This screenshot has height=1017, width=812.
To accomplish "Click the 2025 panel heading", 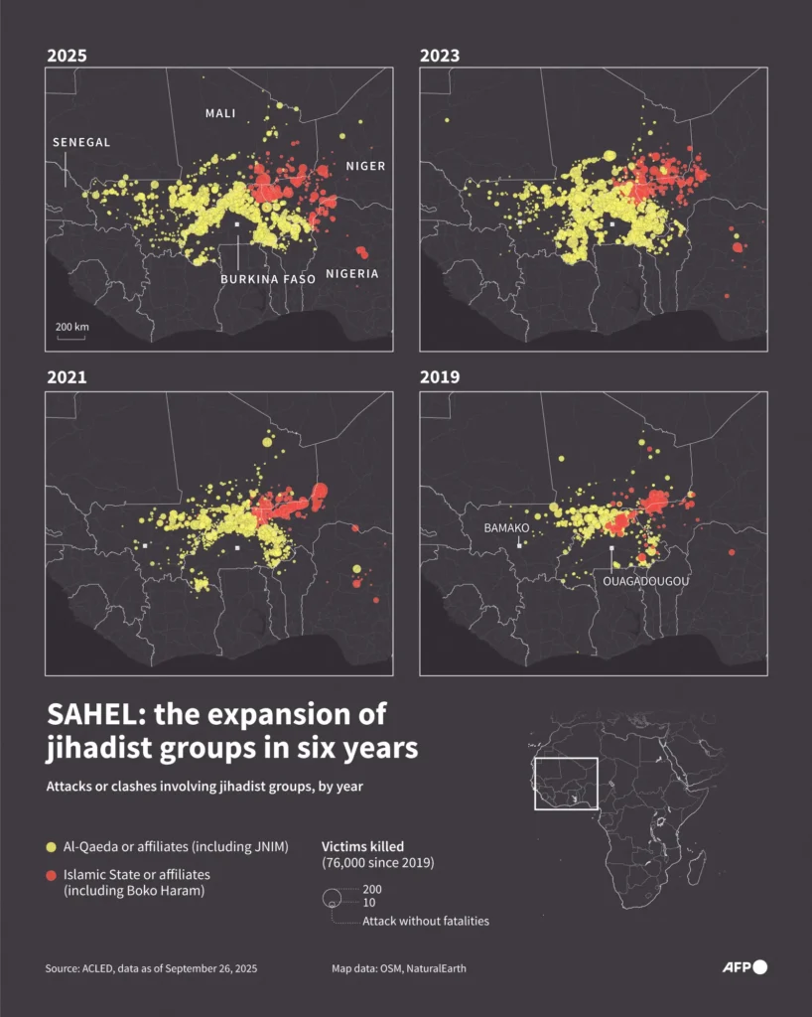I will pyautogui.click(x=67, y=56).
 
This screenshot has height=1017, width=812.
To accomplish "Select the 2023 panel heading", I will pyautogui.click(x=440, y=56).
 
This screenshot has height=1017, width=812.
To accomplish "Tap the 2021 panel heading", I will pyautogui.click(x=67, y=377).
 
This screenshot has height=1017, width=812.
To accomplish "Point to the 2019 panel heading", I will pyautogui.click(x=440, y=377).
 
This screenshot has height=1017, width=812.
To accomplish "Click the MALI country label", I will pyautogui.click(x=220, y=113).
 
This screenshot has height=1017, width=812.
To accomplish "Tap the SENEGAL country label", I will pyautogui.click(x=81, y=143).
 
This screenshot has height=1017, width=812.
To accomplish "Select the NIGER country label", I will pyautogui.click(x=365, y=166).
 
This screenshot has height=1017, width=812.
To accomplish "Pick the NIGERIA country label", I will pyautogui.click(x=352, y=274).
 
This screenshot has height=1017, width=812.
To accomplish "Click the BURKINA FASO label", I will pyautogui.click(x=268, y=279).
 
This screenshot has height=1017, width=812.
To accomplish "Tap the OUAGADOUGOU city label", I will pyautogui.click(x=645, y=580).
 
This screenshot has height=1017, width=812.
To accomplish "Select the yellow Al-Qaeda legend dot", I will pyautogui.click(x=52, y=847).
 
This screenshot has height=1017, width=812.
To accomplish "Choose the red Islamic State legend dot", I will pyautogui.click(x=52, y=875).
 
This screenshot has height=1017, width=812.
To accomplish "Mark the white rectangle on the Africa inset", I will pyautogui.click(x=566, y=783).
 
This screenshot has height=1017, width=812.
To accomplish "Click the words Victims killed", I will pyautogui.click(x=363, y=846).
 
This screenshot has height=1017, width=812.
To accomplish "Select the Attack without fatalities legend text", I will pyautogui.click(x=426, y=921).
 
